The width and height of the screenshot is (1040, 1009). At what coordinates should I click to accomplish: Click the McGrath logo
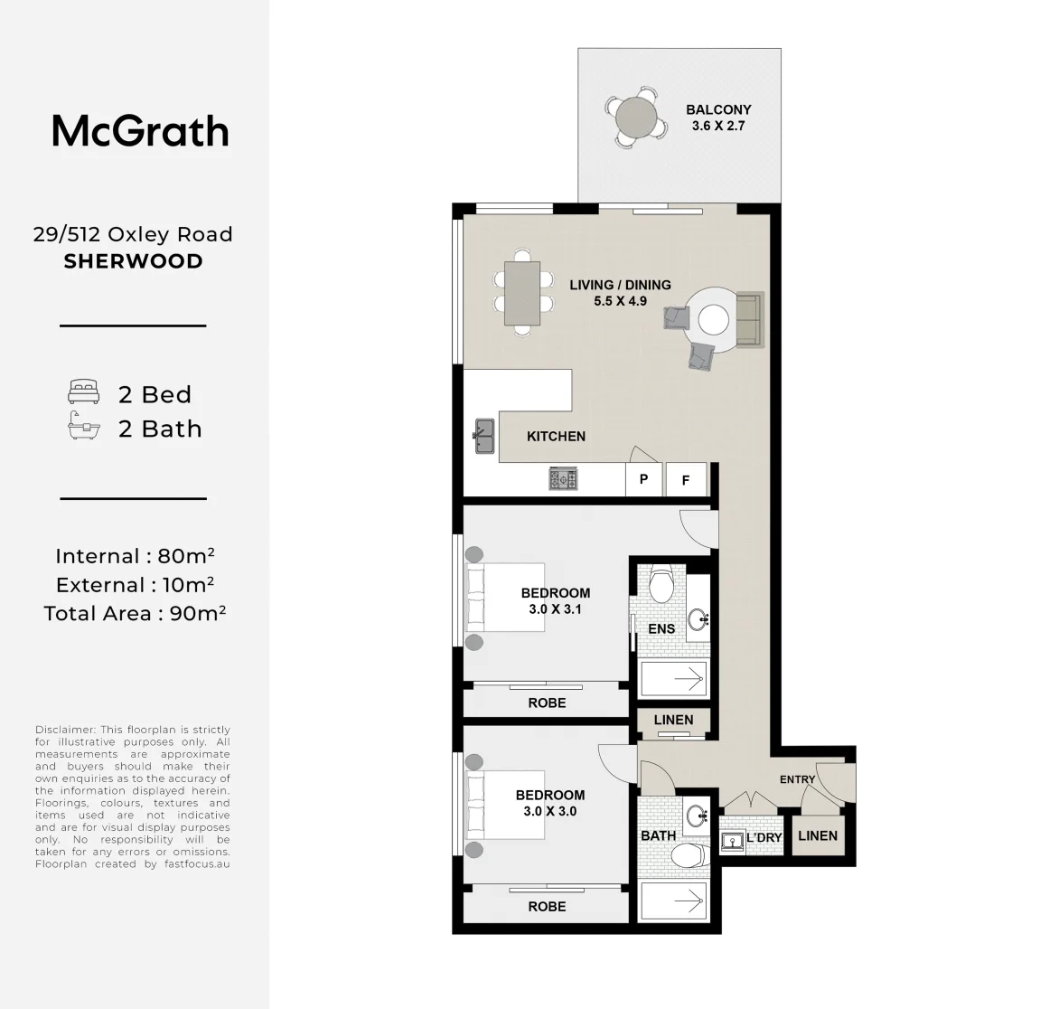click(x=141, y=131)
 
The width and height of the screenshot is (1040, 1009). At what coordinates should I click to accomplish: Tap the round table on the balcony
click(x=636, y=118)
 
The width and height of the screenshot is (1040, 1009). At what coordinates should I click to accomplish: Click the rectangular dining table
click(x=522, y=294)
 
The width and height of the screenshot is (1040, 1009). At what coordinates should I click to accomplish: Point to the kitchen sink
click(x=485, y=436)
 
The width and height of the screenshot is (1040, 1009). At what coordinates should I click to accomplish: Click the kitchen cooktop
click(x=563, y=478)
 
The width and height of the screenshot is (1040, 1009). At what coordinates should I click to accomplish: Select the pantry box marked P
click(x=643, y=479)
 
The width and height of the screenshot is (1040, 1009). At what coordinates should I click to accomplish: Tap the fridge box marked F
click(x=686, y=480)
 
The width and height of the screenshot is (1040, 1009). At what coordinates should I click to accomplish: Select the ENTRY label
click(x=797, y=779)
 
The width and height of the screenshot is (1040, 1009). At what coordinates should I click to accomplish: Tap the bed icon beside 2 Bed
click(x=83, y=391)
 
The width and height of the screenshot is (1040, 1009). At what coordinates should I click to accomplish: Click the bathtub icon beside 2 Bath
click(x=83, y=426)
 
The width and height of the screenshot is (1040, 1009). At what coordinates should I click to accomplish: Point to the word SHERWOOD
click(x=134, y=261)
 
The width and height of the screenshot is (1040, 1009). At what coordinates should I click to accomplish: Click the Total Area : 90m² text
click(x=135, y=613)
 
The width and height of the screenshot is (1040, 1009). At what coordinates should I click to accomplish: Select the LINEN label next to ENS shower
click(x=673, y=720)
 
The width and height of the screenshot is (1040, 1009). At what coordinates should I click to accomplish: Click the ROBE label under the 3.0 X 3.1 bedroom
click(x=548, y=703)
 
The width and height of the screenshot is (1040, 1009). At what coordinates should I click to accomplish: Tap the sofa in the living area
click(x=750, y=319)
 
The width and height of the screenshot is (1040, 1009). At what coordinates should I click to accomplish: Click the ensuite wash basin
click(x=698, y=620)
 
